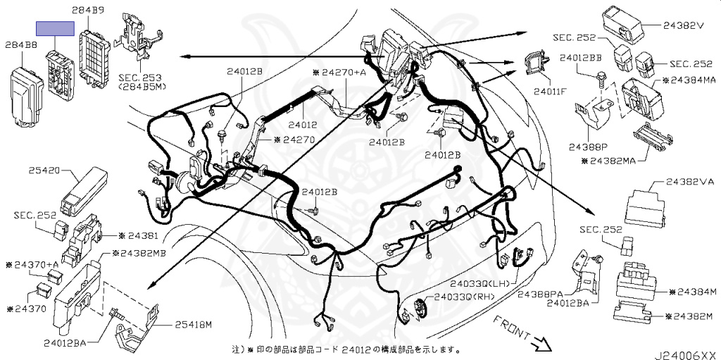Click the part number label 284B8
[x=21, y=45]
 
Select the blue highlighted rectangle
[x=55, y=29]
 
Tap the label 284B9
[x=88, y=9]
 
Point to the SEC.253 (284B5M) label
[x=142, y=82]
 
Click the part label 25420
[x=44, y=170]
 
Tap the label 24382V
[x=683, y=26]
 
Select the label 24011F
[x=549, y=91]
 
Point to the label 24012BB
[x=581, y=58]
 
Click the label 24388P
[x=585, y=147]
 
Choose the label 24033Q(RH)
[x=465, y=297]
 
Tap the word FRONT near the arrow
[x=511, y=328]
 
